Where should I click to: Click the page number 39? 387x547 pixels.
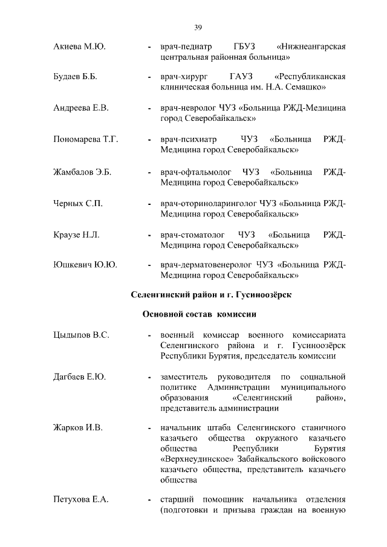click(198, 26)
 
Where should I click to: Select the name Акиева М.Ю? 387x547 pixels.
click(80, 47)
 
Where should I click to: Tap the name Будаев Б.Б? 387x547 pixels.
click(76, 77)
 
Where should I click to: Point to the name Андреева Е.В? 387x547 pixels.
click(81, 108)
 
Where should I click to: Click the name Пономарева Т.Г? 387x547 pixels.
click(85, 140)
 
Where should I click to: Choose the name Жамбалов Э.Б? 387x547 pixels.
click(82, 171)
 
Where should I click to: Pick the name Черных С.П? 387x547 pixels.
click(78, 202)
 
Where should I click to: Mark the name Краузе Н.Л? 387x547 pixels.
click(77, 234)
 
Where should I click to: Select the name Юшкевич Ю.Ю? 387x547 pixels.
click(85, 265)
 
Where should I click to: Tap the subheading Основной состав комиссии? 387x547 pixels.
click(200, 314)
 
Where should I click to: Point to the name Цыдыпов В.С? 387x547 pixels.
click(81, 335)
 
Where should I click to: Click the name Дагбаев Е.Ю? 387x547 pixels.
click(80, 377)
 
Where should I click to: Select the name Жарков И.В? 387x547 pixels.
click(78, 428)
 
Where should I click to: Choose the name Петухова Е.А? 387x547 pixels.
click(81, 500)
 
